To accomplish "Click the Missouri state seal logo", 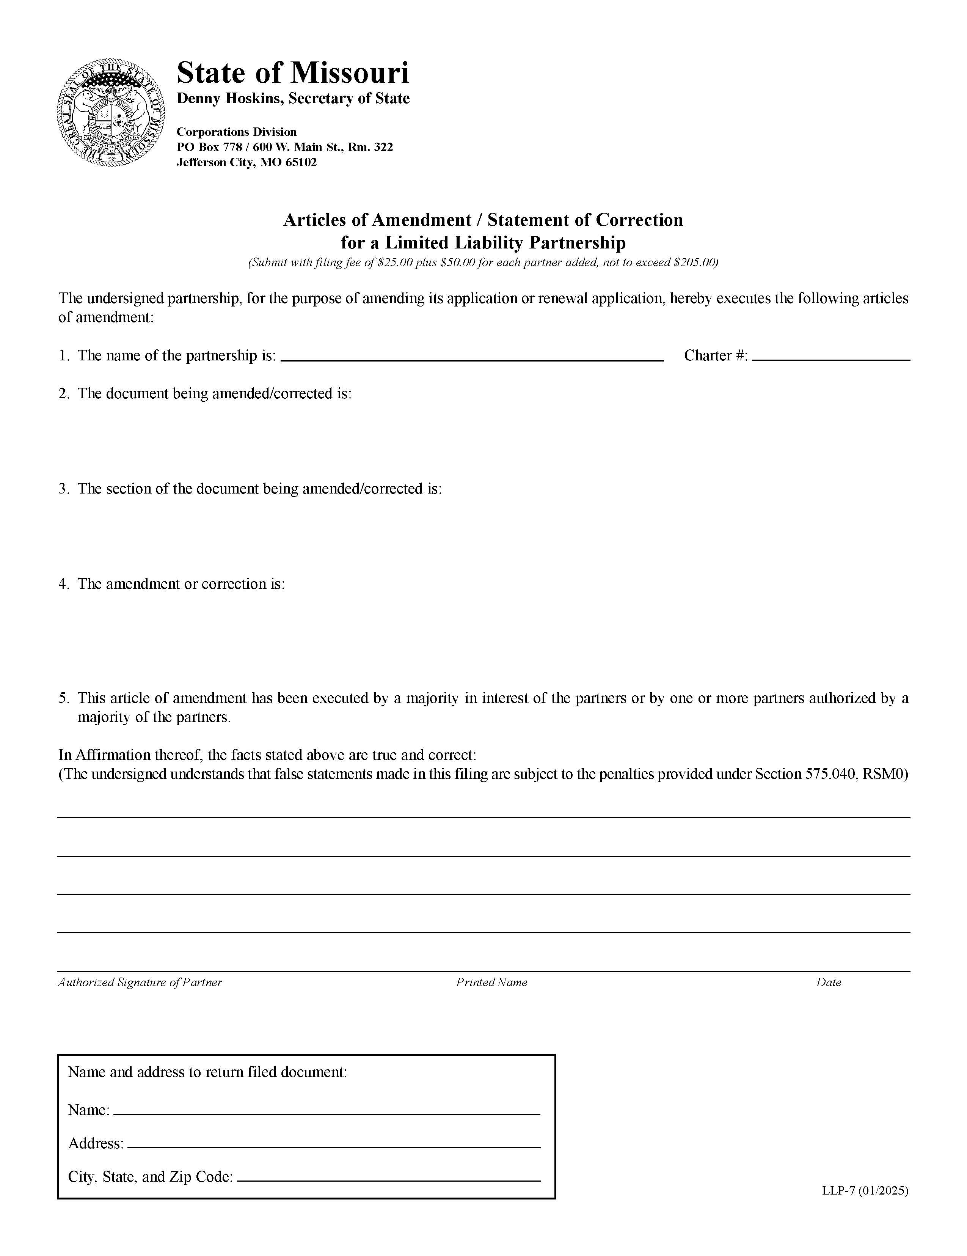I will pos(111,112).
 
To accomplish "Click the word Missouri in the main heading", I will pos(350,73).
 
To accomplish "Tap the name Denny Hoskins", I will pos(230,99).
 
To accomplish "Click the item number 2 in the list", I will pos(63,394).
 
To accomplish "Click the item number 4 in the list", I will pos(63,584).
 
